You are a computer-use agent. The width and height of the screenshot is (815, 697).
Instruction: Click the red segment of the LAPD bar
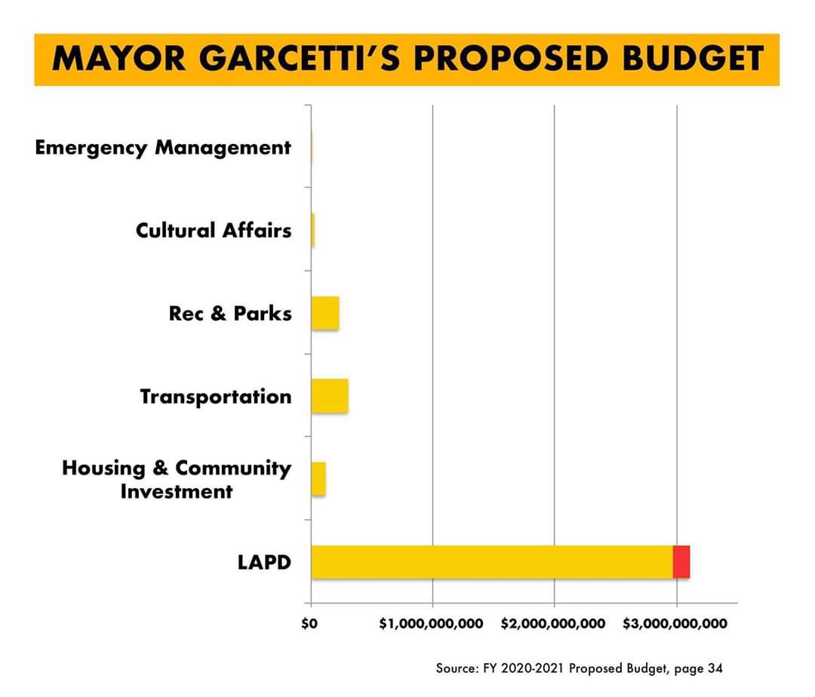[681, 562]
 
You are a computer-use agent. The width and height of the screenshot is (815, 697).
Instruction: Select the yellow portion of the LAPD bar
[491, 562]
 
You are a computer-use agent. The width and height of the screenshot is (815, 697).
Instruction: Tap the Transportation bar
[330, 396]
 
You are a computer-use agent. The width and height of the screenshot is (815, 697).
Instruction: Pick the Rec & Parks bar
[325, 313]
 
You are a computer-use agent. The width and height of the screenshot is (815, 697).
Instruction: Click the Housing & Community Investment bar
[318, 479]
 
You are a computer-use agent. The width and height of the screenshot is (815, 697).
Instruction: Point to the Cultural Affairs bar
[313, 230]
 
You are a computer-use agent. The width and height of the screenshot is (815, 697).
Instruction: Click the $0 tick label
[309, 625]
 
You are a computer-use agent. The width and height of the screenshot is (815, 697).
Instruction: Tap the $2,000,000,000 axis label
[553, 625]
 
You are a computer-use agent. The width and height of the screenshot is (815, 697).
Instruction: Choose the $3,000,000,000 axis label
[675, 625]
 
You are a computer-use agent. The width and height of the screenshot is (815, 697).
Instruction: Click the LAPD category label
[264, 562]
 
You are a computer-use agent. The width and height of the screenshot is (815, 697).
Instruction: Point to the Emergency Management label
[163, 148]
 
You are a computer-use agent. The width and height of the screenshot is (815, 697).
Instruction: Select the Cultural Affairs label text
[214, 230]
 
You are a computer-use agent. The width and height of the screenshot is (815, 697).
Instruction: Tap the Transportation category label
[216, 396]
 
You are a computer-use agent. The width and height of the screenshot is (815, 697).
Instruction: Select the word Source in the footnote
[454, 668]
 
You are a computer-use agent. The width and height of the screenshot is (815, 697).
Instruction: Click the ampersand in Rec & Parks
[218, 314]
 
